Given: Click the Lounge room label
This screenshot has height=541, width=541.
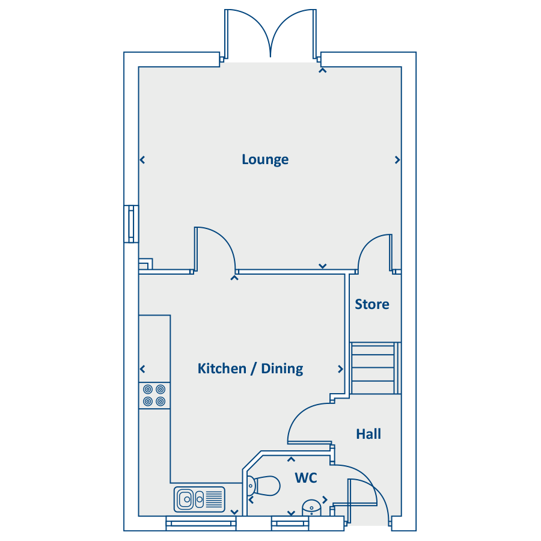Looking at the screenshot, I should tap(265, 159).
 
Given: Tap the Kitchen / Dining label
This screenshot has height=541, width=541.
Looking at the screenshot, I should tap(250, 368).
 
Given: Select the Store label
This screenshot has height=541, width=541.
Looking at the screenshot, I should tap(371, 304).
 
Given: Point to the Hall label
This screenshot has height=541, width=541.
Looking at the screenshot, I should tap(368, 433).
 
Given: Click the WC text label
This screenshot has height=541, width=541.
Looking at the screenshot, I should tap(305, 478).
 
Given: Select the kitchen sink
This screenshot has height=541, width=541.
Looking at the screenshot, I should tap(200, 498).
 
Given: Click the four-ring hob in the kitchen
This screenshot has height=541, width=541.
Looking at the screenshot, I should tap(154, 396).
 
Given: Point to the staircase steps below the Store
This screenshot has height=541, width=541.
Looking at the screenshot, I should tap(374, 368).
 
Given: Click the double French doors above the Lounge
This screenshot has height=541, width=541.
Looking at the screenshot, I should tap(270, 36).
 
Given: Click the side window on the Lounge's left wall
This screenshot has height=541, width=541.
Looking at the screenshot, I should tap(131, 224).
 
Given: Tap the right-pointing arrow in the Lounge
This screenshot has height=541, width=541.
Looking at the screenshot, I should tap(397, 160).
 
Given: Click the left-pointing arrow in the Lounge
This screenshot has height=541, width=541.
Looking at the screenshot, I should tap(142, 160).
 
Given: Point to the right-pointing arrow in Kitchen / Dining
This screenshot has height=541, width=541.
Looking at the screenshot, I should tap(340, 369).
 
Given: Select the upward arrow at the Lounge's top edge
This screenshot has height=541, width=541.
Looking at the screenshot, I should tap(323, 70).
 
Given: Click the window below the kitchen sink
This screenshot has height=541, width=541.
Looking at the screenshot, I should tap(200, 524).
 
